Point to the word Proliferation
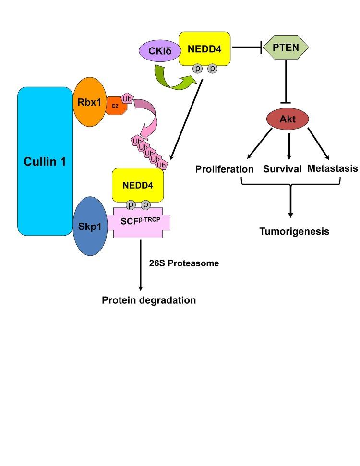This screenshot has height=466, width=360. pos(224,169)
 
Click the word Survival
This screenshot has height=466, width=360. pos(282,169)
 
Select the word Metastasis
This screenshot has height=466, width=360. pos(333,168)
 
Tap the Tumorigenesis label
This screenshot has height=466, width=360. pos(294,232)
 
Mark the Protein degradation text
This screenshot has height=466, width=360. pos(149,300)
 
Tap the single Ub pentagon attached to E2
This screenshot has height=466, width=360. pos(128,98)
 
